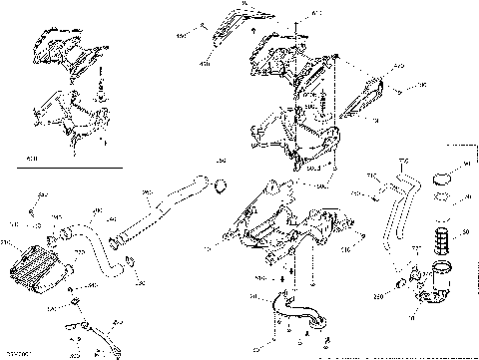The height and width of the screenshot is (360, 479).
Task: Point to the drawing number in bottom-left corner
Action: click(x=18, y=353)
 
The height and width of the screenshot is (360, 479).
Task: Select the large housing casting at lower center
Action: click(x=289, y=239)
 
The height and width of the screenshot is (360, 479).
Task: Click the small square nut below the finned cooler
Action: click(x=77, y=301)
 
